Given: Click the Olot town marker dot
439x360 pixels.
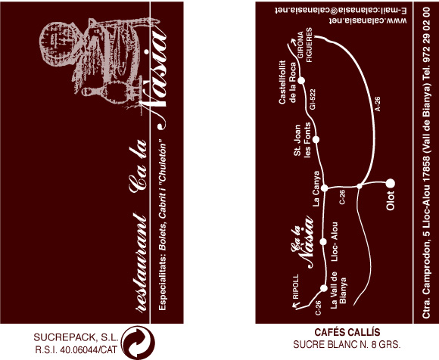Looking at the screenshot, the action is click(391, 184).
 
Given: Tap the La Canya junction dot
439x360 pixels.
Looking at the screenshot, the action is click(324, 188).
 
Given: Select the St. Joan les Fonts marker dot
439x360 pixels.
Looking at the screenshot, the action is click(316, 139).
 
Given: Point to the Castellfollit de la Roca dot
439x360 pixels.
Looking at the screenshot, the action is click(301, 81).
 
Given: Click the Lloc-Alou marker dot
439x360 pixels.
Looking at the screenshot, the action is click(323, 241).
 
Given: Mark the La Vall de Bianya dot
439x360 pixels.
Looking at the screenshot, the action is click(324, 288).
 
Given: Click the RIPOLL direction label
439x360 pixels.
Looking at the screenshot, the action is click(296, 287).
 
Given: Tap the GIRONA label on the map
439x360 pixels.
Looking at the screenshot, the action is click(300, 45).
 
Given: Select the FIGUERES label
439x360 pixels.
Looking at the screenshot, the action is click(309, 45).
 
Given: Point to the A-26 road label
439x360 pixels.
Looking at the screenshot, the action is click(378, 104).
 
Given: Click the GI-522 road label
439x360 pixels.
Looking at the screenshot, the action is click(313, 99).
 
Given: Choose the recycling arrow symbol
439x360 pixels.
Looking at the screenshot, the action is click(138, 343).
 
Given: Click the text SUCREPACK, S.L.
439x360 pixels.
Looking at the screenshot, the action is click(76, 337).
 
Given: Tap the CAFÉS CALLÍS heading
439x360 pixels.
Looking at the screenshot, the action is click(347, 332).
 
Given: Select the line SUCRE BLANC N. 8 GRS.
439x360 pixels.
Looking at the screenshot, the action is click(347, 344).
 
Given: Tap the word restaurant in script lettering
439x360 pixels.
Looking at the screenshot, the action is click(141, 263).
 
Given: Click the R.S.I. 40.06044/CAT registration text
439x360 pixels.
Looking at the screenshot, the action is click(76, 349).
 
